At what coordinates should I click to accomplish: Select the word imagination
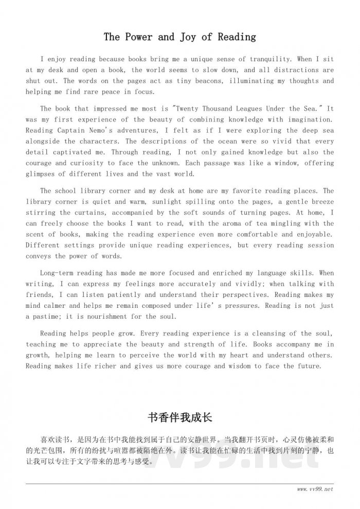click(x=310, y=119)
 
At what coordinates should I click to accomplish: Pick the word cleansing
click(x=261, y=334)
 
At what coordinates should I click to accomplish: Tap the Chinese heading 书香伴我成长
click(x=179, y=416)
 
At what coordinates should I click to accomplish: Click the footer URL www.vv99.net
click(x=315, y=489)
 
